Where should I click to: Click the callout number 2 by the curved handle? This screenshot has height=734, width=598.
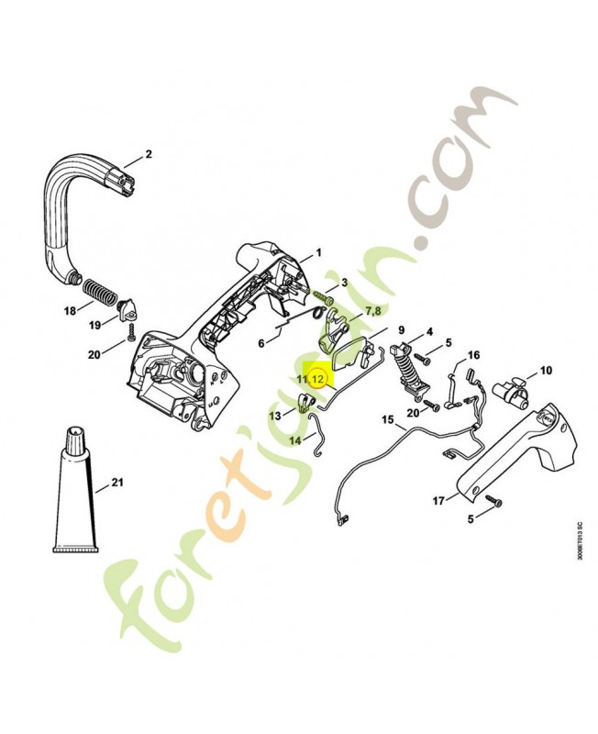click(149, 153)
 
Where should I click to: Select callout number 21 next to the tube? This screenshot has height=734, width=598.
click(117, 482)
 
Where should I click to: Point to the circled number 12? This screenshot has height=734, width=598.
click(317, 379)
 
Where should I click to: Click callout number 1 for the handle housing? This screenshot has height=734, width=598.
click(318, 253)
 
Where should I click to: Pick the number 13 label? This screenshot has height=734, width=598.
click(275, 416)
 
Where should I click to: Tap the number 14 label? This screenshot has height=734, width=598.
click(295, 440)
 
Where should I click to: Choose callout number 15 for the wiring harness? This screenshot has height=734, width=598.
click(388, 419)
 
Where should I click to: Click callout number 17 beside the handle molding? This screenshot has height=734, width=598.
click(438, 501)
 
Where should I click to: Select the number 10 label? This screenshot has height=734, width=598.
click(546, 371)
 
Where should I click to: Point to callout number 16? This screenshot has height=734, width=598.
click(474, 355)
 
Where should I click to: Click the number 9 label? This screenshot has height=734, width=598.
click(401, 330)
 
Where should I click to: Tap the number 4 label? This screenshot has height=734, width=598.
click(429, 333)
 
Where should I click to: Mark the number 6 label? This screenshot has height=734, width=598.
click(261, 343)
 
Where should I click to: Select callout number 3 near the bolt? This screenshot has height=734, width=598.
click(345, 283)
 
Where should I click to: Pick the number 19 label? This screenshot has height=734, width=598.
click(95, 325)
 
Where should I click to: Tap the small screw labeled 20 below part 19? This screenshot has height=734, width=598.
click(131, 332)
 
